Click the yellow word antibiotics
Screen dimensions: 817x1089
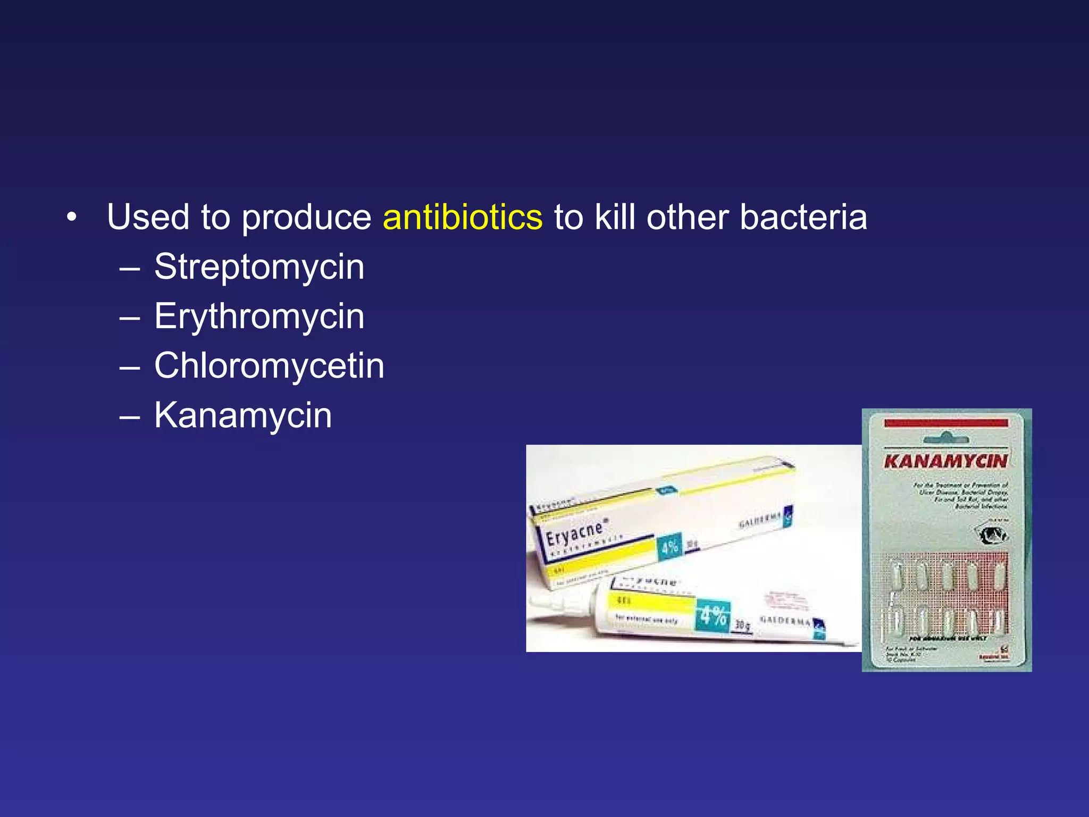coord(462,218)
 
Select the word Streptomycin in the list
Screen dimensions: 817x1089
coord(259,266)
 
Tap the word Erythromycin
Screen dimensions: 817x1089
coord(259,316)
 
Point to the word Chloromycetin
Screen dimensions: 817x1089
coord(269,366)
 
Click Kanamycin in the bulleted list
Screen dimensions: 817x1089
coord(243,415)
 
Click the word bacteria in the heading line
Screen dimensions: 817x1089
coord(803,218)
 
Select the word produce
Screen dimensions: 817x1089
coord(306,219)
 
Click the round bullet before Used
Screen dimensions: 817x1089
coord(72,218)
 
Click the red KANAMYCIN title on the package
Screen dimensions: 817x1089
coord(945,461)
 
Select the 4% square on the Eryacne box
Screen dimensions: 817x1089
coord(669,547)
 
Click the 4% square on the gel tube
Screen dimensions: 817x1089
coord(713,615)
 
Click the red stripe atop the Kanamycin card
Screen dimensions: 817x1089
coord(945,423)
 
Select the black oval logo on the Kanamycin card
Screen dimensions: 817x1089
coord(993,535)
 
